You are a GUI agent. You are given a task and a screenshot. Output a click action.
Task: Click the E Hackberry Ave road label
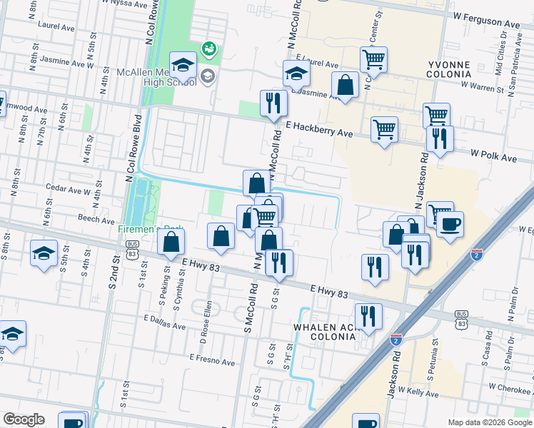click(x=319, y=129)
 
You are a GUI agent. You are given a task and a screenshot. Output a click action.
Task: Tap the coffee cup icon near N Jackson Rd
click(x=450, y=225)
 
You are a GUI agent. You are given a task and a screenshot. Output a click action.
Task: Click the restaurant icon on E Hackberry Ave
click(x=273, y=103)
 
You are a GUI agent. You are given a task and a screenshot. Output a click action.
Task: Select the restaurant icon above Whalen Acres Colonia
click(x=368, y=316)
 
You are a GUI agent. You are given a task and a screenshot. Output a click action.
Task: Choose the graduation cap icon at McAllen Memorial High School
click(x=183, y=65)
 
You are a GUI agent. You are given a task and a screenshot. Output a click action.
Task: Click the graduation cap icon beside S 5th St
click(x=44, y=253)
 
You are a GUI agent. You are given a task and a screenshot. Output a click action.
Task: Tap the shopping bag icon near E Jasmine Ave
click(x=346, y=86)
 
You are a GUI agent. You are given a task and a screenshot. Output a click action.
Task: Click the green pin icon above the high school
click(x=208, y=49)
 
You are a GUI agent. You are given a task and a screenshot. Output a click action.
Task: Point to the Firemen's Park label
click(x=151, y=230)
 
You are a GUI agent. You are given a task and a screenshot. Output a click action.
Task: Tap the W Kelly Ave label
click(x=418, y=392)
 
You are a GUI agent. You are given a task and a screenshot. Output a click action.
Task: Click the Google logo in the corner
click(x=24, y=419)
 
